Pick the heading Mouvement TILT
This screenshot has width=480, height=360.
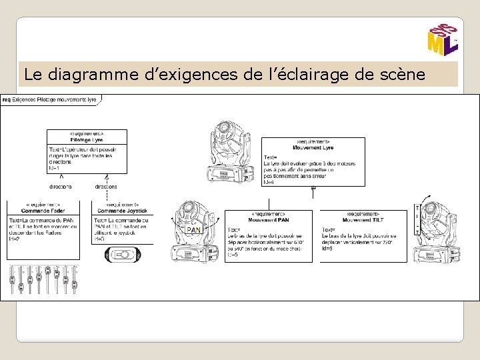[363, 219]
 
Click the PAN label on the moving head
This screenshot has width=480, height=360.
[193, 229]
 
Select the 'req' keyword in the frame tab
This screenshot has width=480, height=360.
[6, 99]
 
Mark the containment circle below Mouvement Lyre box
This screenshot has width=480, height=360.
[313, 189]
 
